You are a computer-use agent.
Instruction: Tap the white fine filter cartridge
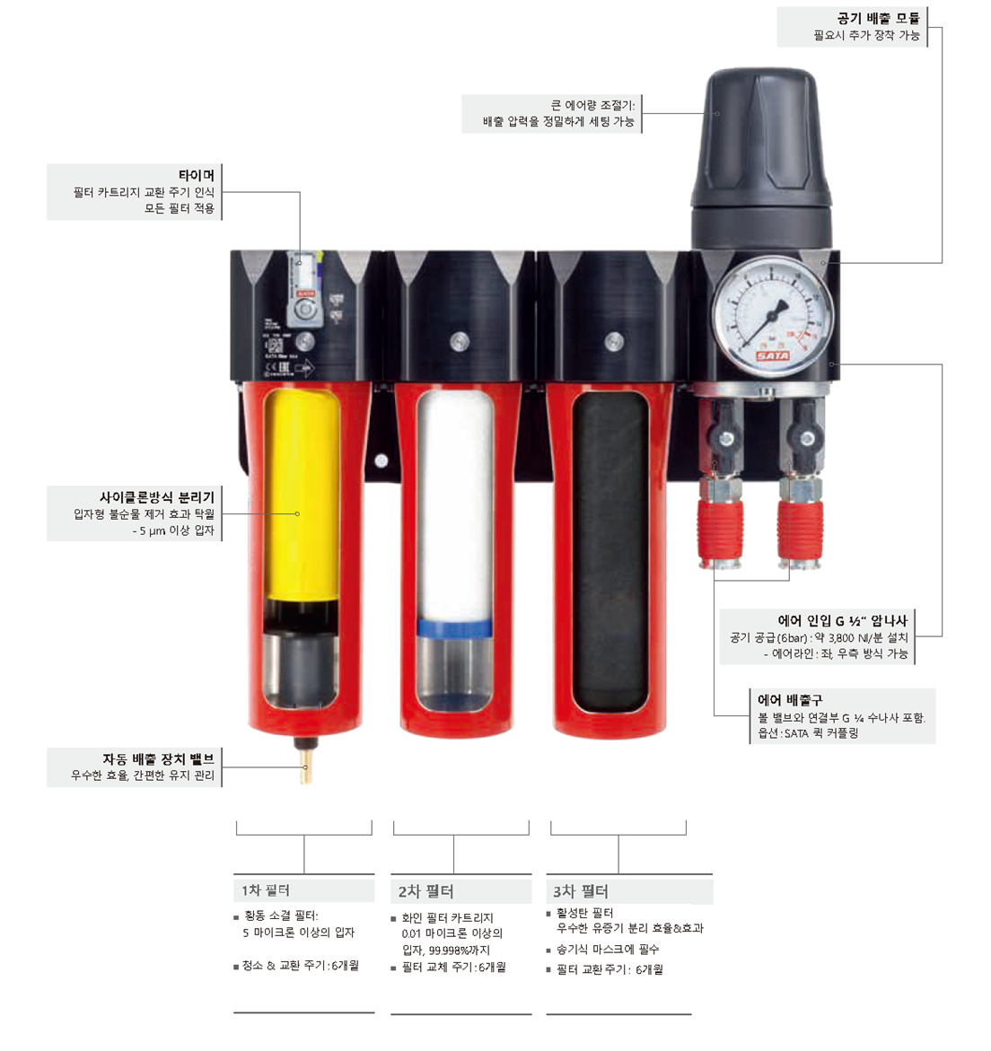[x=454, y=506]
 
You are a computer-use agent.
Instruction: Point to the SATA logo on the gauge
[x=772, y=356]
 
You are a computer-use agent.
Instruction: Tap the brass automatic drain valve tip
[x=306, y=764]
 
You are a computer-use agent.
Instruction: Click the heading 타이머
[x=197, y=175]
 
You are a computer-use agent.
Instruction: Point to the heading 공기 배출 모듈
[x=878, y=18]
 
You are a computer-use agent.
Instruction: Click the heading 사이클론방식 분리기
[x=157, y=497]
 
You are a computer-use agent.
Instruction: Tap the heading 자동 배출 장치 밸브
[x=158, y=758]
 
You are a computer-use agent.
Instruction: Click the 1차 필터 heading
[x=266, y=890]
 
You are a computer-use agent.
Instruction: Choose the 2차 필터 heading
[x=425, y=891]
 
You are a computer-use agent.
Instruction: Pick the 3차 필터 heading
[x=581, y=891]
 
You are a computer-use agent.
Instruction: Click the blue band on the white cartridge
[x=454, y=629]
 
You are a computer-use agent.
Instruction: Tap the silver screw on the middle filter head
[x=460, y=341]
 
